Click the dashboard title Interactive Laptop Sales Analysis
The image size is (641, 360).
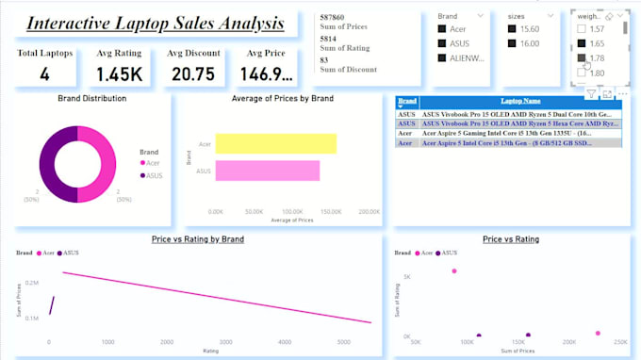point(155,23)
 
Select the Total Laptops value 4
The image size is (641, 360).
point(44,75)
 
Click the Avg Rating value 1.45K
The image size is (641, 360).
point(119,75)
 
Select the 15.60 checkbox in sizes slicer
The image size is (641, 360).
point(514,28)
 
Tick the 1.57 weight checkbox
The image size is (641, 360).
point(581,29)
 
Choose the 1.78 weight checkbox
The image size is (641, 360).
point(581,58)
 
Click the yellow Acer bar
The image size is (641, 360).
point(275,143)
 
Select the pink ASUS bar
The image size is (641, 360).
point(267,171)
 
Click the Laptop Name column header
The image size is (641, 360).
point(519,101)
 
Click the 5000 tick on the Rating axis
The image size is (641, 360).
point(346,342)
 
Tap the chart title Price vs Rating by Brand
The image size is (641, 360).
point(198,239)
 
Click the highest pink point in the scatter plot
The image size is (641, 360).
point(454,270)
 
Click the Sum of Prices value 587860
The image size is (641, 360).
point(332,17)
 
